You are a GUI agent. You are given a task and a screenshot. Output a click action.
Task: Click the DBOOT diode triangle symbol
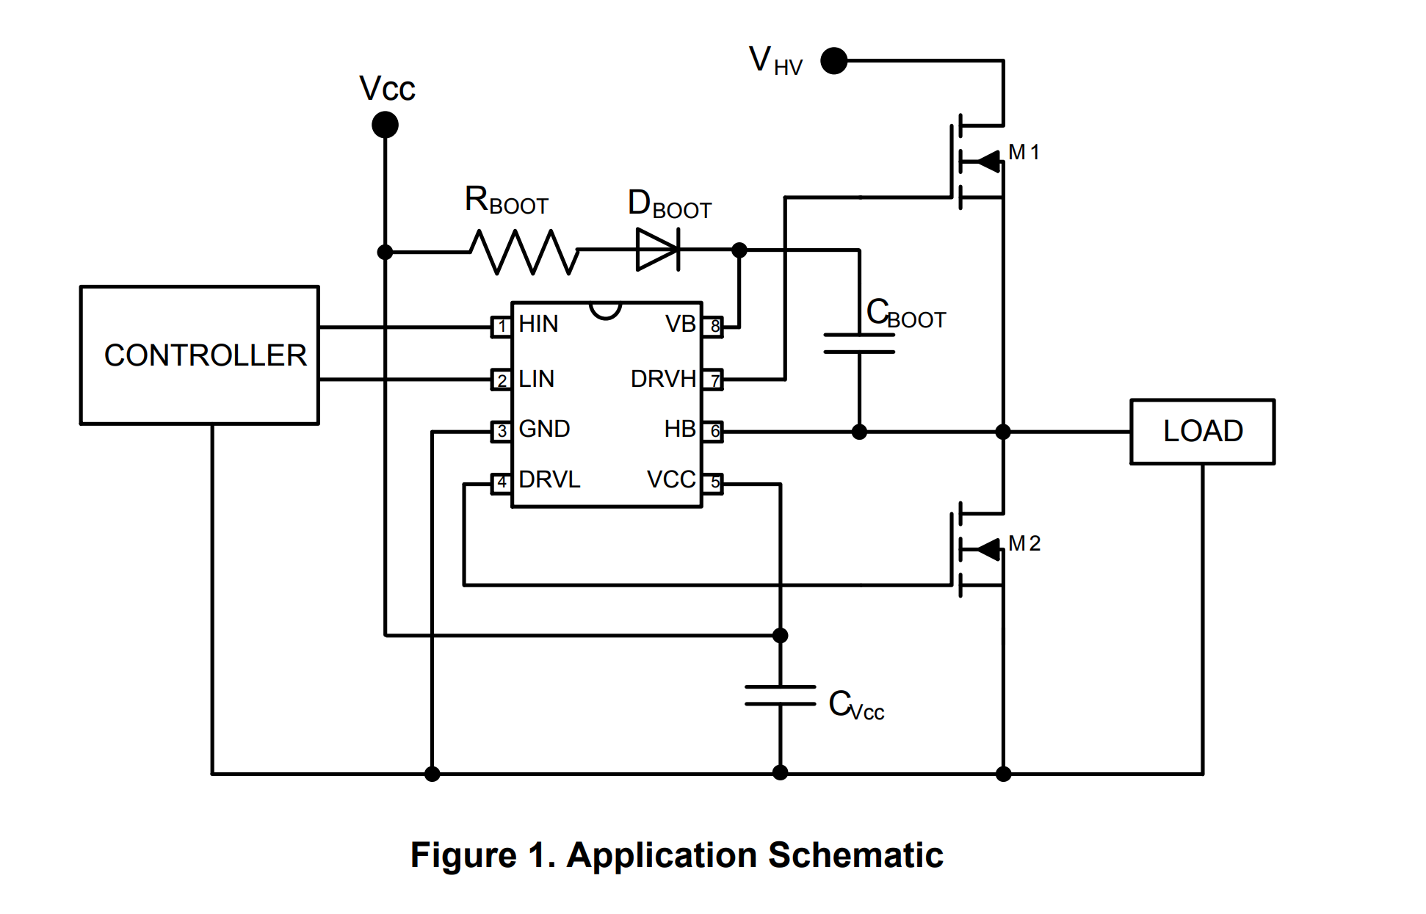658,250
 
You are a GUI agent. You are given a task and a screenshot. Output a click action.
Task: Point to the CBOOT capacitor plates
859,344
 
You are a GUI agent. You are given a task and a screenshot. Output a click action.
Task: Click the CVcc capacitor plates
780,695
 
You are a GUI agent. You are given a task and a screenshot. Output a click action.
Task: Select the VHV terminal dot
834,61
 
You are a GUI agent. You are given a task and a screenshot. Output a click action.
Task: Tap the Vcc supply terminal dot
385,125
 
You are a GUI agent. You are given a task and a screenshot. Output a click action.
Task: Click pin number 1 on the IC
502,327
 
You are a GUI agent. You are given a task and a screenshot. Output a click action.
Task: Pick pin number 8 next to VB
713,327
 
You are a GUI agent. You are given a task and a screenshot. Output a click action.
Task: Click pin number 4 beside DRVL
502,483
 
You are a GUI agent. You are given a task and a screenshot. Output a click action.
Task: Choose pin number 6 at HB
713,432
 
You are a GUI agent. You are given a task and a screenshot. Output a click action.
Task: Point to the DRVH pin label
663,379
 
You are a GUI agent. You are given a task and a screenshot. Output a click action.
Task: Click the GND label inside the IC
544,429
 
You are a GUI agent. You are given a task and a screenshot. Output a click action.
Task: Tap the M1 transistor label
1024,152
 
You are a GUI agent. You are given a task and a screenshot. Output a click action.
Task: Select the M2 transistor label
1024,543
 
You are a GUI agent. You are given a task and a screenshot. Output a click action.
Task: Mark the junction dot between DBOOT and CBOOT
739,250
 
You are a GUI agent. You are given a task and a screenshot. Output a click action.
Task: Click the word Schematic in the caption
855,855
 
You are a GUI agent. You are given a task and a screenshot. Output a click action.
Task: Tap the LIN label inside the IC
536,379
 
